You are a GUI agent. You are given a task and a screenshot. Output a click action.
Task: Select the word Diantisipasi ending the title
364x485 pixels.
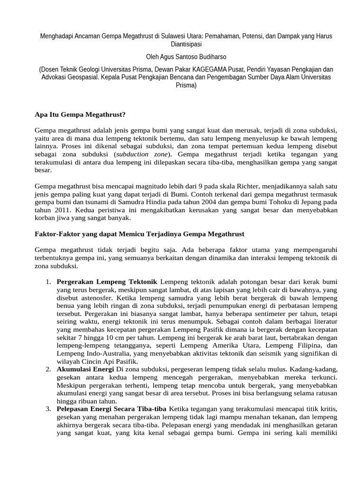[182, 45]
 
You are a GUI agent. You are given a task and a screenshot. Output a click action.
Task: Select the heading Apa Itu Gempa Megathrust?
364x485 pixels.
[81, 114]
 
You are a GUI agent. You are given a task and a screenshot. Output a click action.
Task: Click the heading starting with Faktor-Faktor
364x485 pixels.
[140, 234]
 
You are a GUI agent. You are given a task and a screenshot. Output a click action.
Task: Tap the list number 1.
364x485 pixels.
[48, 282]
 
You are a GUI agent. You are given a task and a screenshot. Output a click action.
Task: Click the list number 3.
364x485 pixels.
[48, 409]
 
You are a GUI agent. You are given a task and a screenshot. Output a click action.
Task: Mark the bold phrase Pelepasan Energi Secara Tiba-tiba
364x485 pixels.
[112, 409]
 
